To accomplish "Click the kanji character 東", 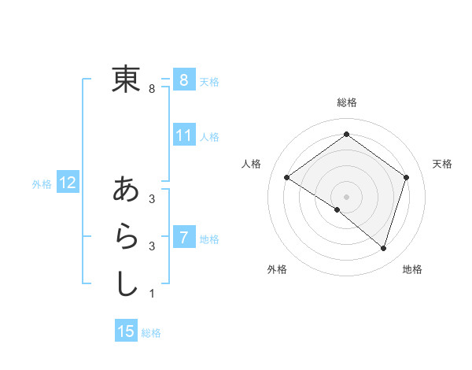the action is pyautogui.click(x=126, y=79).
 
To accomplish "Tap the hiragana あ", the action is pyautogui.click(x=126, y=189).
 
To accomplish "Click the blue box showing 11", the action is pyautogui.click(x=183, y=135).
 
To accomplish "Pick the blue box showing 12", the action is pyautogui.click(x=68, y=183).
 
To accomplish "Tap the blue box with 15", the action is pyautogui.click(x=126, y=331).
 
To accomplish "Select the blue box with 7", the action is pyautogui.click(x=183, y=237).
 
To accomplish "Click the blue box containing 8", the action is pyautogui.click(x=183, y=80).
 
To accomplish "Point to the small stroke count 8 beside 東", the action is pyautogui.click(x=151, y=89).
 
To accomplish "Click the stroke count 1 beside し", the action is pyautogui.click(x=151, y=294).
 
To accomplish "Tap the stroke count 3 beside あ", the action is pyautogui.click(x=151, y=199).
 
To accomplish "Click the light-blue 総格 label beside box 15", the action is pyautogui.click(x=151, y=333).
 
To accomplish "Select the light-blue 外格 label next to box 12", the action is pyautogui.click(x=42, y=184).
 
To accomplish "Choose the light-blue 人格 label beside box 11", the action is pyautogui.click(x=209, y=137).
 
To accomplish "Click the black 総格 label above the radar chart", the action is pyautogui.click(x=346, y=102).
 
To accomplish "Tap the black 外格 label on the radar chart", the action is pyautogui.click(x=277, y=269).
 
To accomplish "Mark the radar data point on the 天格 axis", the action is pyautogui.click(x=406, y=177).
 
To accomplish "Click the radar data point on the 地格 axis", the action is pyautogui.click(x=383, y=248).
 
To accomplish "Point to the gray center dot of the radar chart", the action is pyautogui.click(x=346, y=196).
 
